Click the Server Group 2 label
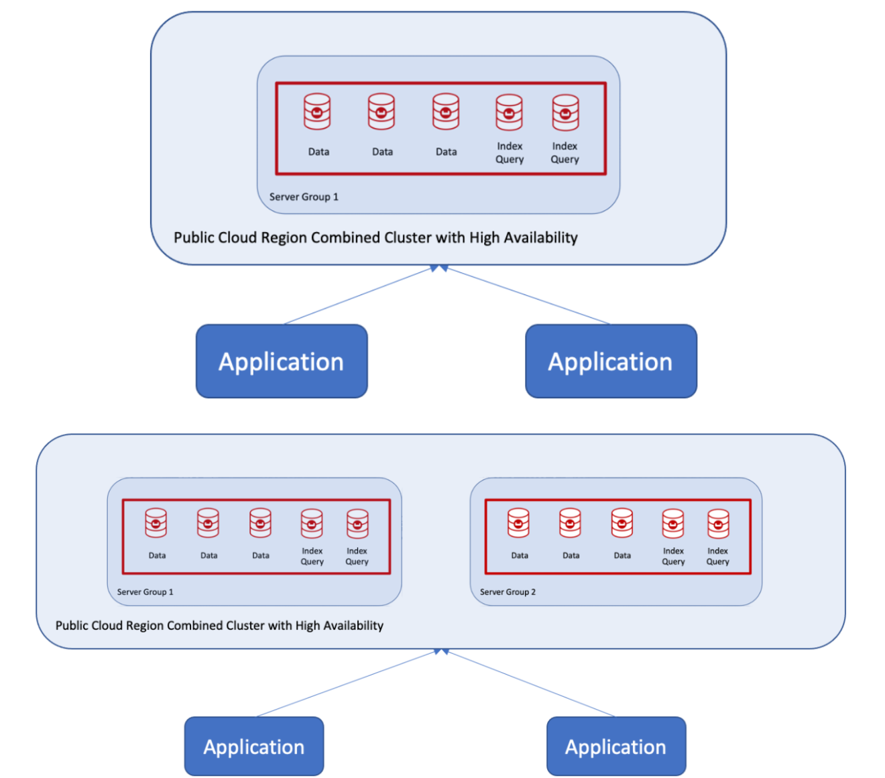(x=508, y=592)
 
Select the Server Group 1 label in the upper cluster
(x=304, y=197)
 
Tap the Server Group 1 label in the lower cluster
(x=145, y=592)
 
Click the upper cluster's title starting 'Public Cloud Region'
(x=375, y=237)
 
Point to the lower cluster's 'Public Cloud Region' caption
(x=219, y=625)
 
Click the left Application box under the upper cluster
(x=282, y=362)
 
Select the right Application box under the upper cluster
(x=611, y=362)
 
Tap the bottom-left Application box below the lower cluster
(x=254, y=746)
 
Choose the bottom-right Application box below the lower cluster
(x=616, y=746)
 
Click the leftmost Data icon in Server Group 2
(x=518, y=523)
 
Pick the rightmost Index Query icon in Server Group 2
(x=718, y=523)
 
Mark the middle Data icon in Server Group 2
(x=570, y=523)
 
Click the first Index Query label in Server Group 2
(x=673, y=556)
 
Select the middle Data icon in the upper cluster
(x=381, y=111)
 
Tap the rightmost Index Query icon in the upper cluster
(x=565, y=112)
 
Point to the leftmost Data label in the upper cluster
(x=318, y=152)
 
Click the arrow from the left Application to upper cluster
(x=359, y=295)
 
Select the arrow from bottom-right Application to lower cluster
(x=530, y=683)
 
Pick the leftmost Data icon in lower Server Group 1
(x=156, y=523)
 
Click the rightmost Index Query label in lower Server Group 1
(x=357, y=556)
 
